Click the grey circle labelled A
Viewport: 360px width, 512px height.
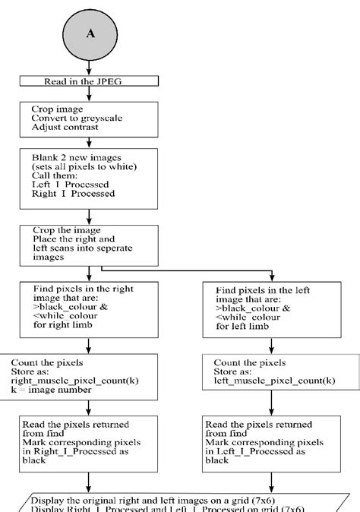(90, 33)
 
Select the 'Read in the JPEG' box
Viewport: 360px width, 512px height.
(90, 81)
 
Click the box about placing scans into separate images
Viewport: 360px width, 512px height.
(90, 244)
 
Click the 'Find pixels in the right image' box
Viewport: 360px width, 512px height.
(90, 308)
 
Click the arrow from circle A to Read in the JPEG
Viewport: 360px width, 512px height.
(90, 66)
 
